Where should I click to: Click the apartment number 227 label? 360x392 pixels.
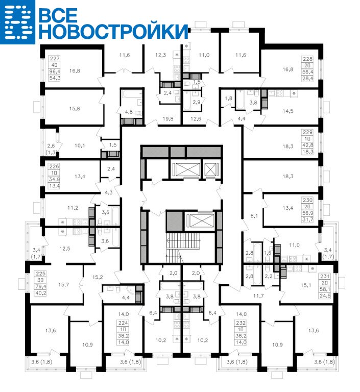(55, 59)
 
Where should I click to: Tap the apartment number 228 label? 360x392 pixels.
(308, 59)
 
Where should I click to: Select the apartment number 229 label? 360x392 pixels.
(308, 132)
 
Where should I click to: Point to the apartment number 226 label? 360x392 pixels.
(54, 166)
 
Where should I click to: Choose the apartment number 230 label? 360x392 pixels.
(308, 200)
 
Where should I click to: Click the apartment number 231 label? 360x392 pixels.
(325, 277)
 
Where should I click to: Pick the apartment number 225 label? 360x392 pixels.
(41, 274)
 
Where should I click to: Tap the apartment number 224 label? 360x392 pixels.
(124, 323)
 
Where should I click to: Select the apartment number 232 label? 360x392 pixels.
(241, 323)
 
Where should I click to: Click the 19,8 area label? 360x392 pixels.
(168, 119)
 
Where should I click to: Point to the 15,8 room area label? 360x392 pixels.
(75, 109)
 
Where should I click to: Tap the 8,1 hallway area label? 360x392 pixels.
(254, 216)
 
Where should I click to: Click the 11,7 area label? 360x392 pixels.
(258, 296)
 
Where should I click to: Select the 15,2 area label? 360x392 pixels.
(98, 277)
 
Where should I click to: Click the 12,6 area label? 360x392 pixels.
(196, 119)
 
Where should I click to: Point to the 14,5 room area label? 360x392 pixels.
(288, 111)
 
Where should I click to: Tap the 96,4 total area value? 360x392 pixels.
(55, 72)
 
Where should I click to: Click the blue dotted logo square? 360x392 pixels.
(17, 22)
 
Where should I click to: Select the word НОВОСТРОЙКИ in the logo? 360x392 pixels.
(113, 31)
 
